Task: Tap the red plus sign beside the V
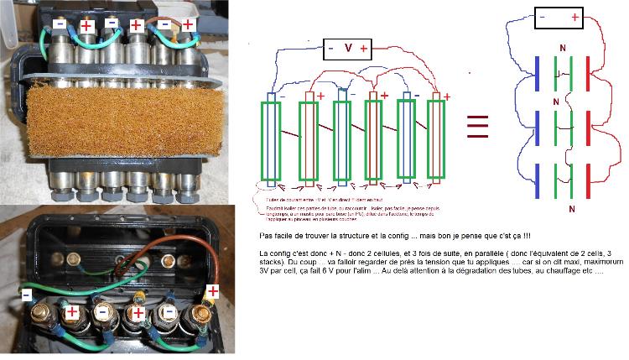pos(364,49)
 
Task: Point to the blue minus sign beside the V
pos(330,49)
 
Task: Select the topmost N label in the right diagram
pos(562,50)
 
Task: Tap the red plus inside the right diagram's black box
pos(574,18)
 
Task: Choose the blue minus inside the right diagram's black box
pos(543,17)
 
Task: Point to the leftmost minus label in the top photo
pos(60,26)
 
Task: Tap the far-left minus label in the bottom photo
pos(28,296)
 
